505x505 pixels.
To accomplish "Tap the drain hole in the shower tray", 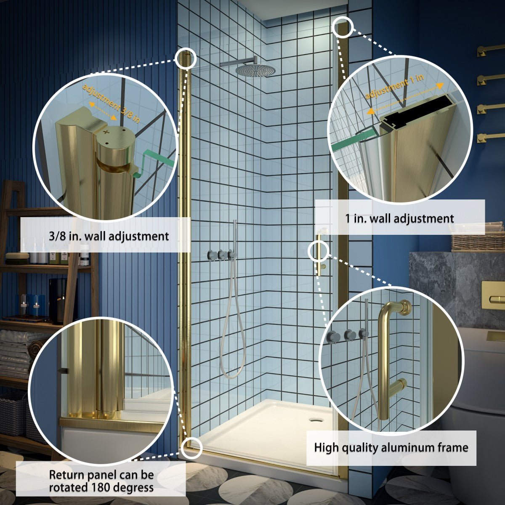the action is pyautogui.click(x=314, y=420).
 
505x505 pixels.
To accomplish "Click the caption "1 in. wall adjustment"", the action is pyautogui.click(x=399, y=218).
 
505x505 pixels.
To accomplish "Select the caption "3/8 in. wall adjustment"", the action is pyautogui.click(x=109, y=237).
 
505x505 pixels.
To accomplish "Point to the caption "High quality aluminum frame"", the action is pyautogui.click(x=391, y=448).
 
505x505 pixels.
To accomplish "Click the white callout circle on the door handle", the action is pyautogui.click(x=319, y=251).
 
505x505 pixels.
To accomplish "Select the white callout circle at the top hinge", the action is pyautogui.click(x=186, y=58).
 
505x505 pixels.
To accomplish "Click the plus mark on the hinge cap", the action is pyautogui.click(x=106, y=132).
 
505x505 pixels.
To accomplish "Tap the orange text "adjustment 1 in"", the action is pyautogui.click(x=394, y=87).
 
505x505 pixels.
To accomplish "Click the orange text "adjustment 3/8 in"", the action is pyautogui.click(x=111, y=104).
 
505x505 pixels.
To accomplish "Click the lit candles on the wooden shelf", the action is pyautogui.click(x=29, y=305).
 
